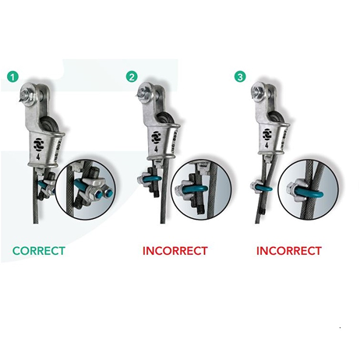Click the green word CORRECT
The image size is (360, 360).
(39, 251)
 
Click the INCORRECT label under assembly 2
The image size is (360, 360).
(175, 251)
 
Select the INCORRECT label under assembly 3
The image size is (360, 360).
(289, 251)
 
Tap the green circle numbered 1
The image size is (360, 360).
(12, 77)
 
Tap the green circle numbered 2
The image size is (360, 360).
(132, 77)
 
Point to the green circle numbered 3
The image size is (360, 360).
(240, 77)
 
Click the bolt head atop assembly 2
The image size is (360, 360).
(143, 94)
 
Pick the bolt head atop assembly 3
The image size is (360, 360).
(256, 92)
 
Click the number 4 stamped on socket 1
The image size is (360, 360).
(38, 157)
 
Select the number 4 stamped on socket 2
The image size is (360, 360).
(156, 149)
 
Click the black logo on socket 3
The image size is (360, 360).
(266, 134)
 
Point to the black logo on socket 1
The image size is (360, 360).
(39, 145)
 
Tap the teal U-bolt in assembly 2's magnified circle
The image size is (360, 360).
(196, 188)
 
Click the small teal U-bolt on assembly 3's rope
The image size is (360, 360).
(263, 188)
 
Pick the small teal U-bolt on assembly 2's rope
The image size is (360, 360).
(152, 178)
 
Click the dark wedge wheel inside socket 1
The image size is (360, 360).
(49, 124)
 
